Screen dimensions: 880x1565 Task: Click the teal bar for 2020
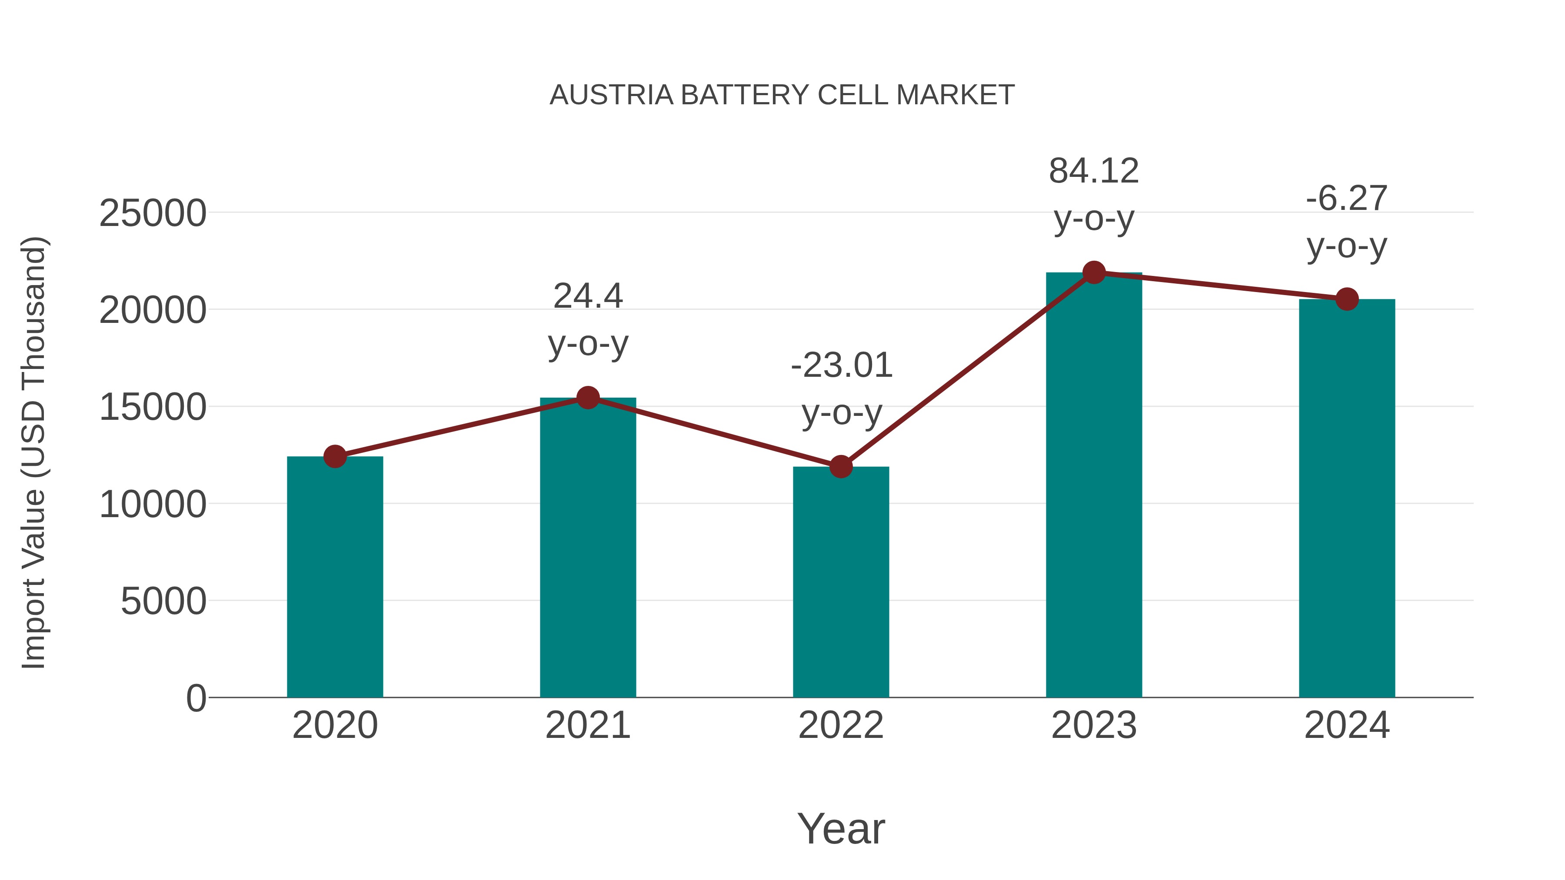[x=335, y=577]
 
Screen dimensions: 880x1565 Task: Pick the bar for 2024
[x=1347, y=498]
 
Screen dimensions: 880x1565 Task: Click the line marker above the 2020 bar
[x=335, y=456]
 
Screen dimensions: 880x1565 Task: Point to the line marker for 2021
[x=587, y=398]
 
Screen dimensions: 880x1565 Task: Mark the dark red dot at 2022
[x=841, y=466]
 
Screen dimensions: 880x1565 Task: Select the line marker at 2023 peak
[x=1094, y=272]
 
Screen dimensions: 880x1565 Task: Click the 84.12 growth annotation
[x=1094, y=171]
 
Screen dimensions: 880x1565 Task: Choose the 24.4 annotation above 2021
[x=587, y=296]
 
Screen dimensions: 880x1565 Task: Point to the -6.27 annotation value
[x=1347, y=198]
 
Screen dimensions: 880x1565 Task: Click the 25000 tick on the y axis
[x=153, y=213]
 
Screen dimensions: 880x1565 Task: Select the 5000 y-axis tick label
[x=163, y=601]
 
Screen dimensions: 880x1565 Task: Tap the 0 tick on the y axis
[x=196, y=698]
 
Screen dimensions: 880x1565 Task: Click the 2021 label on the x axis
[x=587, y=725]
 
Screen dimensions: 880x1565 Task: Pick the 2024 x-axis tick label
[x=1347, y=725]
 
